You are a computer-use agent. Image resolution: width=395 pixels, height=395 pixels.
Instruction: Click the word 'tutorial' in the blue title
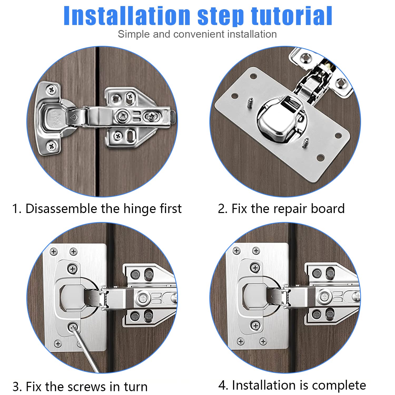tap(292, 16)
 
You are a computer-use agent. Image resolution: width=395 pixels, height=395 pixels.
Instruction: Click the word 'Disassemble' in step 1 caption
tap(61, 209)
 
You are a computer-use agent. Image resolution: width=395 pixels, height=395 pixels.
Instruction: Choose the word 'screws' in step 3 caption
tap(87, 387)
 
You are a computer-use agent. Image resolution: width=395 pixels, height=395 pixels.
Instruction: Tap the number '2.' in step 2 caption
tap(223, 209)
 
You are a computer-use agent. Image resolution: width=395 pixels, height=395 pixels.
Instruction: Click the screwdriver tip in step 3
tap(73, 328)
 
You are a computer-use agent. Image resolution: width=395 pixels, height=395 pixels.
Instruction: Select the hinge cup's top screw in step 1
tap(51, 90)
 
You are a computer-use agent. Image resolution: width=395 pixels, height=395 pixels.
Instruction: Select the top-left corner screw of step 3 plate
tap(54, 252)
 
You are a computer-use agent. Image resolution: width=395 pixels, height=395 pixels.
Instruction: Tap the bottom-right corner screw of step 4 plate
tap(263, 342)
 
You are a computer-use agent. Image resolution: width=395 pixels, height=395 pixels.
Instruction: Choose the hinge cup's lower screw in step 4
tap(255, 326)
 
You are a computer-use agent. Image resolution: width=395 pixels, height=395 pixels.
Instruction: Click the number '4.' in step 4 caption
tap(223, 386)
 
